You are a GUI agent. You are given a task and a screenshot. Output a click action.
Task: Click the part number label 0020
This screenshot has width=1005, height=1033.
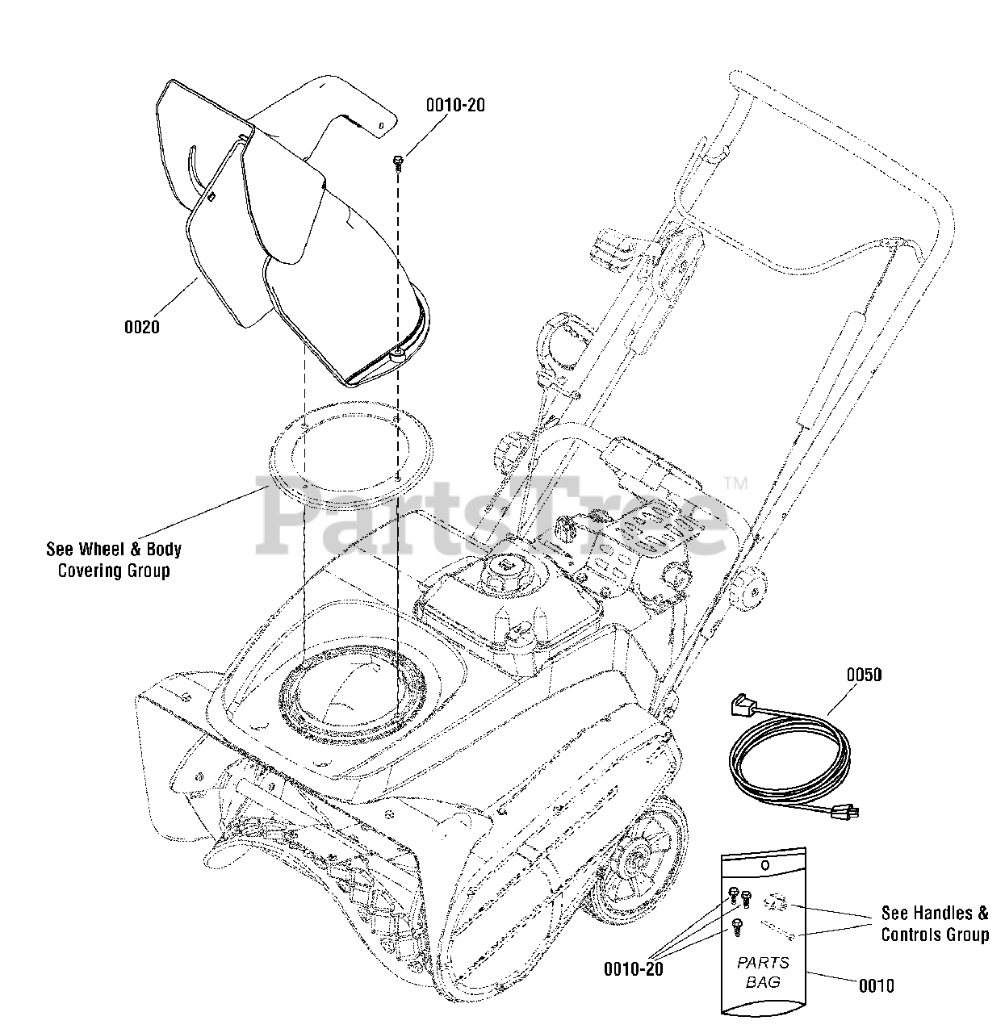coord(141,327)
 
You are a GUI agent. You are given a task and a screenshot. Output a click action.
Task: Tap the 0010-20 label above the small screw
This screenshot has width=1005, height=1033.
coord(455,105)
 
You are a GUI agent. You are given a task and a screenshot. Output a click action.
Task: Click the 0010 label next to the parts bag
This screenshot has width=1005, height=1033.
coord(876,985)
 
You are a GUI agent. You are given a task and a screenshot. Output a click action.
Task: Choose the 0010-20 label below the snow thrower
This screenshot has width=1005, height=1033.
coord(633,968)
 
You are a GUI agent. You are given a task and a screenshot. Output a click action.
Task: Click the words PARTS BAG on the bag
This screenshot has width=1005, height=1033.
coord(764,972)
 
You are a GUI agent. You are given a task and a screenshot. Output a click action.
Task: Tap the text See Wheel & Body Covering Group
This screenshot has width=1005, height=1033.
coord(114,560)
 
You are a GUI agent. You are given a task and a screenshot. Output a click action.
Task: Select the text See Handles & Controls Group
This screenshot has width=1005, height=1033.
coord(934,924)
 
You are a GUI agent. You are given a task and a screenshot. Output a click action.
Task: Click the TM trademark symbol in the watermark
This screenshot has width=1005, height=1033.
coord(736,483)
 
